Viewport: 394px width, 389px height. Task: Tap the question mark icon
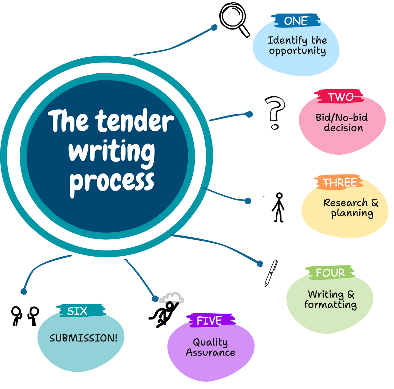[275, 113]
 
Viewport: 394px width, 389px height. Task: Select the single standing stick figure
[279, 208]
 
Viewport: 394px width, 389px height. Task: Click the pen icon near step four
[271, 273]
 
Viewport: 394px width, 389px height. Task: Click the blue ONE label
[295, 21]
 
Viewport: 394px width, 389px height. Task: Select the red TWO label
[340, 97]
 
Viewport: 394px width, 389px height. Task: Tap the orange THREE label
[339, 183]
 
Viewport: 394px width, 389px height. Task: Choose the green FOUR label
[330, 273]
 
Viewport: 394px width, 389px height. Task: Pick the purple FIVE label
[209, 321]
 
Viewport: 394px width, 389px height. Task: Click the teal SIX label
[78, 311]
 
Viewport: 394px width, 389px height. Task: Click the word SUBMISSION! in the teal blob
[83, 338]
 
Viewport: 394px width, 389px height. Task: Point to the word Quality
[210, 342]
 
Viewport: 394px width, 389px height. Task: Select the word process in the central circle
[112, 182]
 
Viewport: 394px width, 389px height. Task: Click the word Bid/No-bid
[342, 118]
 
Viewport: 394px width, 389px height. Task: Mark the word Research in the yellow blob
[345, 203]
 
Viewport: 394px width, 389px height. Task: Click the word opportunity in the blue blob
[297, 51]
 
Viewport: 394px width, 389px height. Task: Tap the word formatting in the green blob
[330, 304]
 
